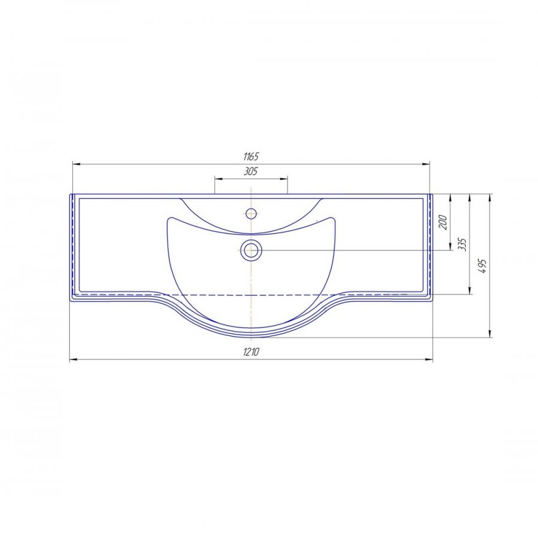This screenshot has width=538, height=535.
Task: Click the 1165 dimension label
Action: click(x=251, y=157)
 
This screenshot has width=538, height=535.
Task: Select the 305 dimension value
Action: click(x=251, y=171)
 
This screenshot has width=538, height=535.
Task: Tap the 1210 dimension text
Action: click(x=251, y=351)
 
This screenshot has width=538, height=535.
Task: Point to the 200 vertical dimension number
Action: click(x=443, y=222)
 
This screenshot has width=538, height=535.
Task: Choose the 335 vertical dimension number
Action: click(x=462, y=244)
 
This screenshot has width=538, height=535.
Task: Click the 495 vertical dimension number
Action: click(x=482, y=266)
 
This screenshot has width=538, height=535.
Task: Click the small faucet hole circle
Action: click(x=252, y=213)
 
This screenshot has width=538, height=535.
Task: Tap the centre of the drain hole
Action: click(x=252, y=250)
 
